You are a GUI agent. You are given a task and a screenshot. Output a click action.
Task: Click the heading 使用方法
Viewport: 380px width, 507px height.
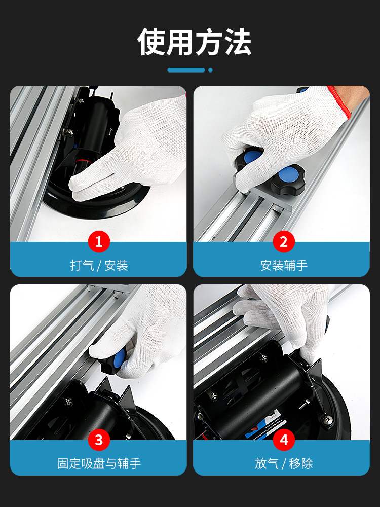[194, 42]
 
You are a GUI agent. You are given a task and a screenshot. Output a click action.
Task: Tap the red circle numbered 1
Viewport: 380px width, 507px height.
[99, 241]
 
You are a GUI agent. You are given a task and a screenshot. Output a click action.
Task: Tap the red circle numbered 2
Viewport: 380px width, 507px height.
[284, 241]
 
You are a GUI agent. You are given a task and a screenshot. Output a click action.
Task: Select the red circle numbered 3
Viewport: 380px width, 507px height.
[99, 440]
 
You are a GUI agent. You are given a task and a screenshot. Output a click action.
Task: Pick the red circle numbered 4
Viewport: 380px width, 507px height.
[284, 440]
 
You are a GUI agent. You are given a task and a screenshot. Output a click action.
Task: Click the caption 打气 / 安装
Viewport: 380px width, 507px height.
[99, 266]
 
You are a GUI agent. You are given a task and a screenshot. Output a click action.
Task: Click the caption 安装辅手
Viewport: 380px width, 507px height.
[284, 266]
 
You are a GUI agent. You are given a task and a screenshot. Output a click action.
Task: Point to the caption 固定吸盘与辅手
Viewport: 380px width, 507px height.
[99, 463]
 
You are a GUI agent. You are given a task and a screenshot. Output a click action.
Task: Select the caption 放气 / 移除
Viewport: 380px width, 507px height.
[284, 463]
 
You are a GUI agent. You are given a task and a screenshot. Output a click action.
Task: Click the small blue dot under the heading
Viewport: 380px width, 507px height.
[210, 70]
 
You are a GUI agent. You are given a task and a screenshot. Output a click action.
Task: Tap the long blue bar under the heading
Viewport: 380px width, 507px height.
[186, 70]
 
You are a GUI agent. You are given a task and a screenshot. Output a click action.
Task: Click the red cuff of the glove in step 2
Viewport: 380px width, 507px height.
[340, 102]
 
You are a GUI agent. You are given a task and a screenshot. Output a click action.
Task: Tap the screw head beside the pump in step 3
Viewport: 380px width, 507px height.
[68, 402]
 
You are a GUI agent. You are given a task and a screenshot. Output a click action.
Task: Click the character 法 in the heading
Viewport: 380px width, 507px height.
[238, 42]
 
